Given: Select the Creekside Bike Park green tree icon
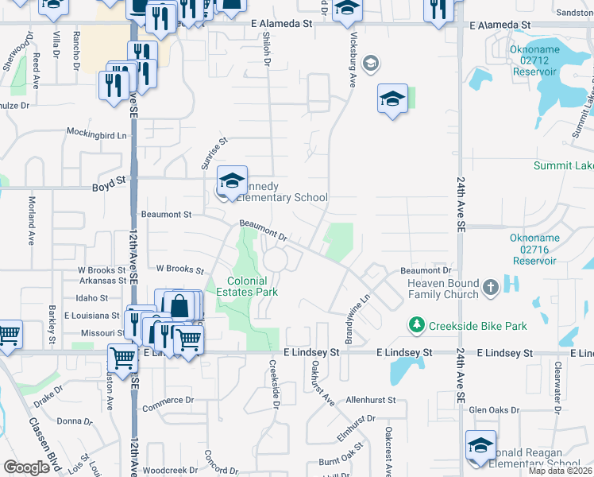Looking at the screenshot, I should pyautogui.click(x=415, y=325).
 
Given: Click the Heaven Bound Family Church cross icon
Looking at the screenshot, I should pyautogui.click(x=491, y=287).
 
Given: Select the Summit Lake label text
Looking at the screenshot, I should pyautogui.click(x=563, y=165).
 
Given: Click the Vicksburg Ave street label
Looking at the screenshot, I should pyautogui.click(x=351, y=56).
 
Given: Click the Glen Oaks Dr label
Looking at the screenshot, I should pyautogui.click(x=493, y=410).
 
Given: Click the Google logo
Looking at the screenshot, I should pyautogui.click(x=26, y=467).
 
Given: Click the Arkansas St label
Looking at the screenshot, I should pyautogui.click(x=102, y=280).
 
